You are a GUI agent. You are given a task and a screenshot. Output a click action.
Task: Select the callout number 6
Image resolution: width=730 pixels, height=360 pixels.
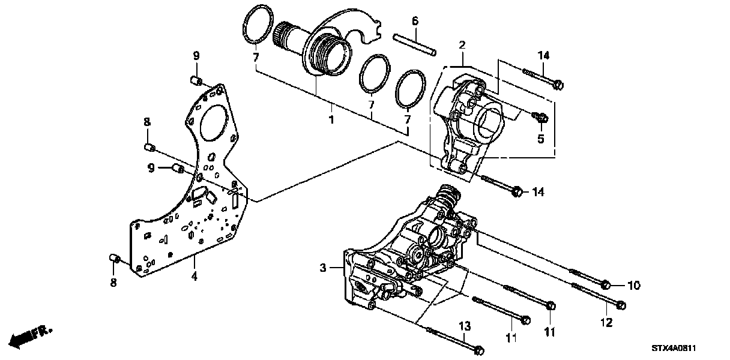[x=414, y=22]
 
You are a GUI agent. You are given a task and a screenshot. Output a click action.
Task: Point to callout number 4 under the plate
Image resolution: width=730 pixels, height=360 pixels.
[x=193, y=277]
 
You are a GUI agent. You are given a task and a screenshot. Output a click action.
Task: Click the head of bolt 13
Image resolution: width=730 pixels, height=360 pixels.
[x=478, y=349]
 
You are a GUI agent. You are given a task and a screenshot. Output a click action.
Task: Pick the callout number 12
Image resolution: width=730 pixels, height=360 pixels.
[x=606, y=323]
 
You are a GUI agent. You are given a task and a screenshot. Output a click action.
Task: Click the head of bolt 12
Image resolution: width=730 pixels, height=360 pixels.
[x=621, y=305]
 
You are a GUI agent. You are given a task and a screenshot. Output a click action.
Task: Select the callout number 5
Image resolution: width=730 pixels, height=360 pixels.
[x=540, y=139]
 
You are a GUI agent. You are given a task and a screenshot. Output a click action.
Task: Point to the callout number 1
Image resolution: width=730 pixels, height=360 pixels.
[x=330, y=120]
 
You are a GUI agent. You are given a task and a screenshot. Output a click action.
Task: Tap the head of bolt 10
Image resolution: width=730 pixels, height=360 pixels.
[x=606, y=284]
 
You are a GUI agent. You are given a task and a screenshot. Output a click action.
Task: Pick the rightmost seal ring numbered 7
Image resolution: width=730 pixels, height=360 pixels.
[x=410, y=89]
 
